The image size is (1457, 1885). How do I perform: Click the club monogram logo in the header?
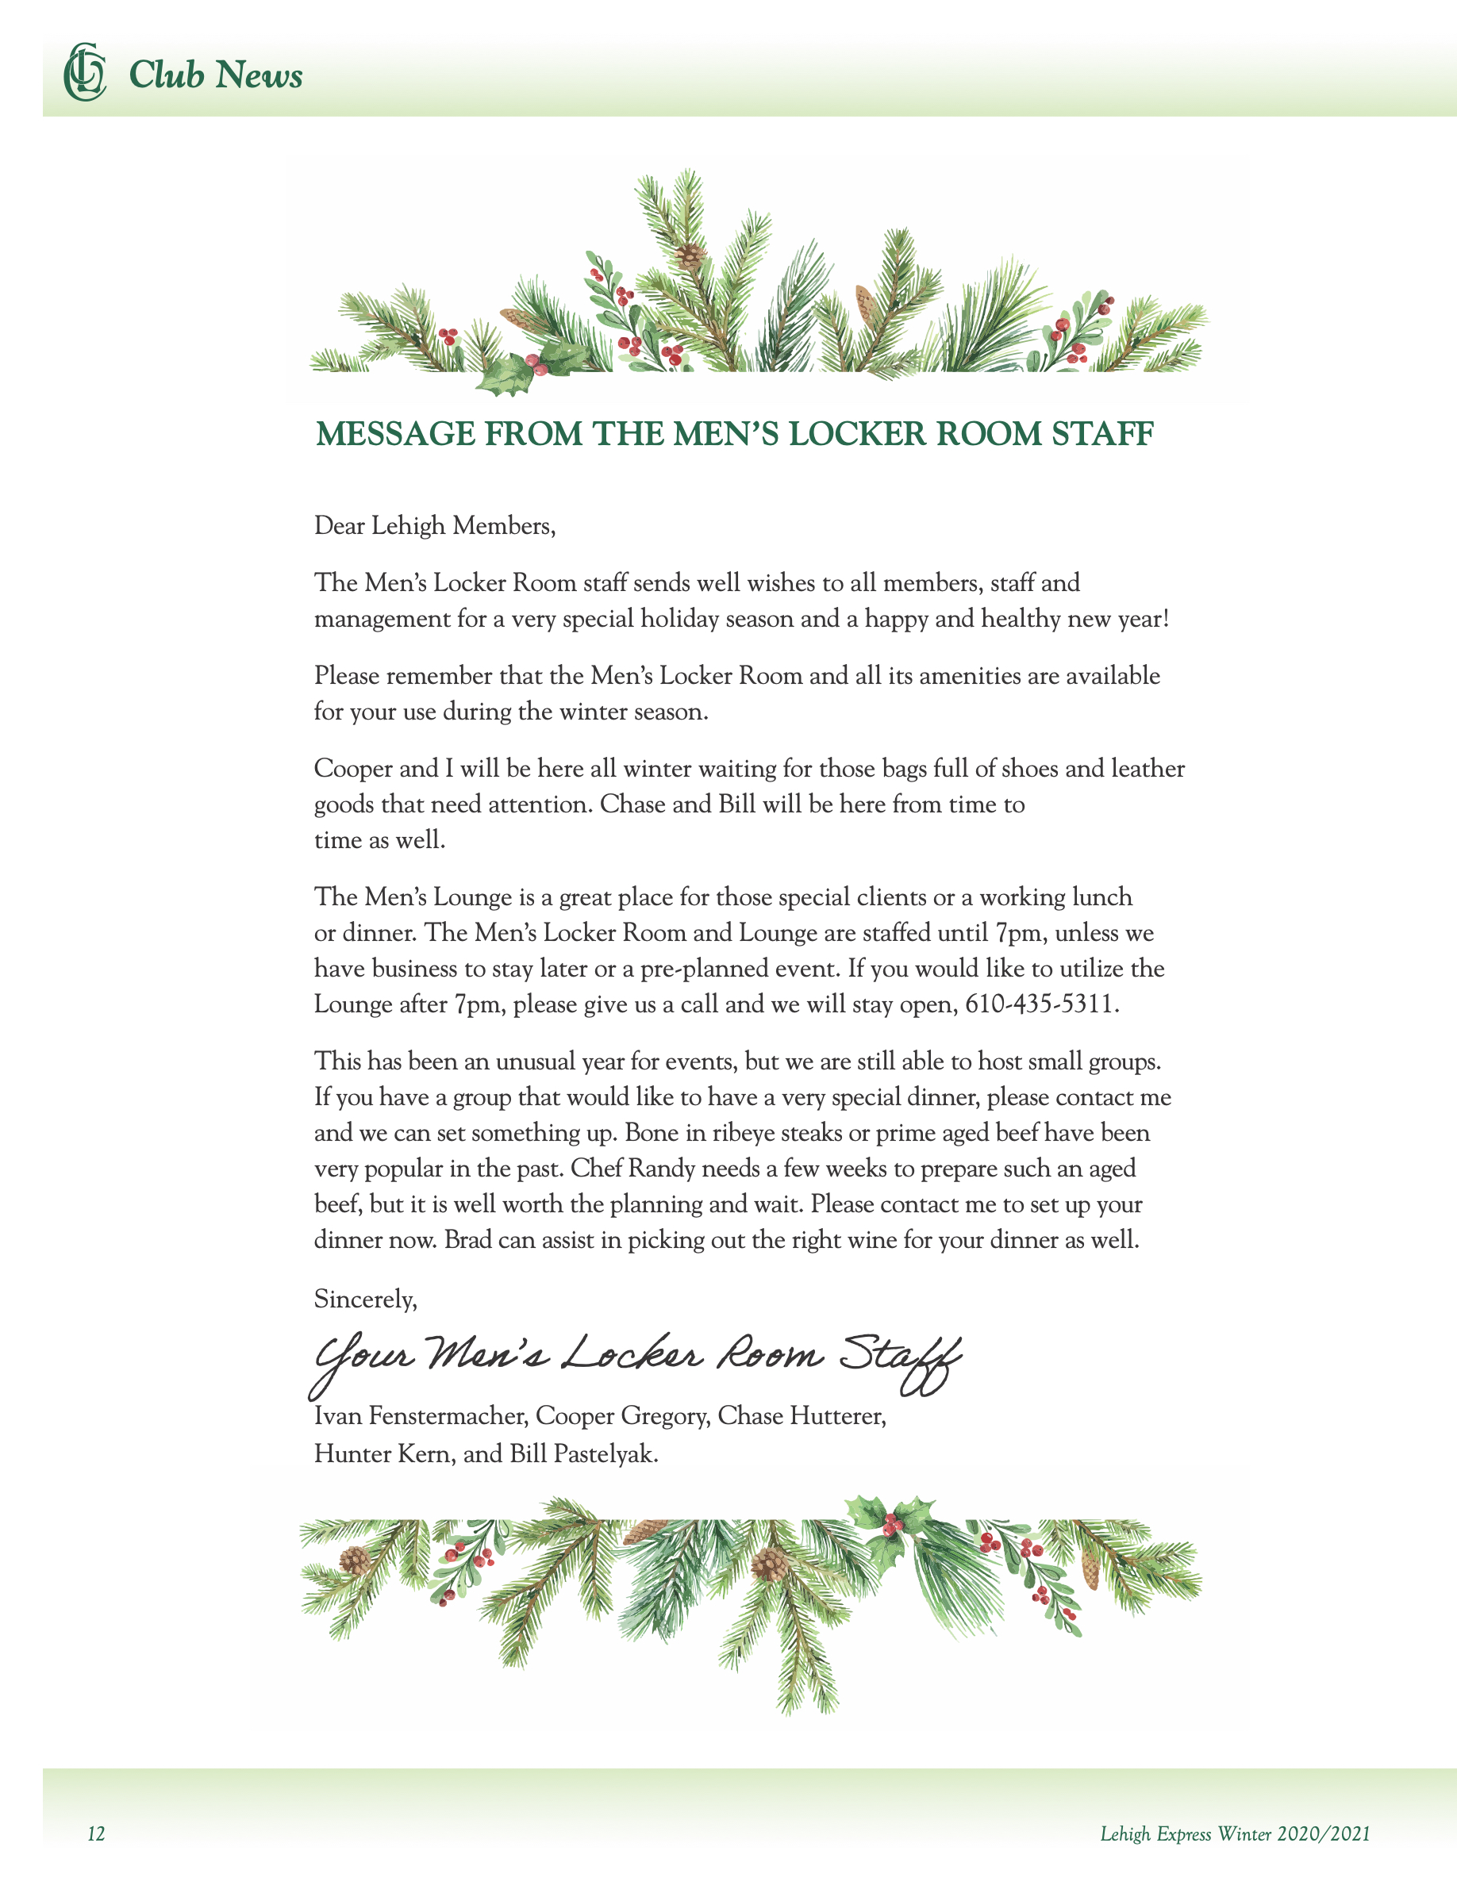click(x=85, y=72)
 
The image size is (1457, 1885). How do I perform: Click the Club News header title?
click(x=215, y=75)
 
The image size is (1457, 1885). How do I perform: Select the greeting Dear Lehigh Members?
click(x=434, y=526)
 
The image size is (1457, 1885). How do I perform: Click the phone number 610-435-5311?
click(x=1040, y=1004)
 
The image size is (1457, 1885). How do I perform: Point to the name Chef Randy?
click(x=632, y=1169)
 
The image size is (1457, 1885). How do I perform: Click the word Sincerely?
click(x=365, y=1299)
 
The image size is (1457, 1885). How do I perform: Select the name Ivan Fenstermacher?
click(x=421, y=1416)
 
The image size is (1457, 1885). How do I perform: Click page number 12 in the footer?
click(x=96, y=1834)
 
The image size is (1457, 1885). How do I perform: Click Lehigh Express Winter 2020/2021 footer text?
click(x=1234, y=1834)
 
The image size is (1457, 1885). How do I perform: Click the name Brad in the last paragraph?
click(x=463, y=1240)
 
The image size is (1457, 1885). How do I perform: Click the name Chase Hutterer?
click(x=801, y=1416)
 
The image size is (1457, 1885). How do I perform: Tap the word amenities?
click(x=969, y=676)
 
